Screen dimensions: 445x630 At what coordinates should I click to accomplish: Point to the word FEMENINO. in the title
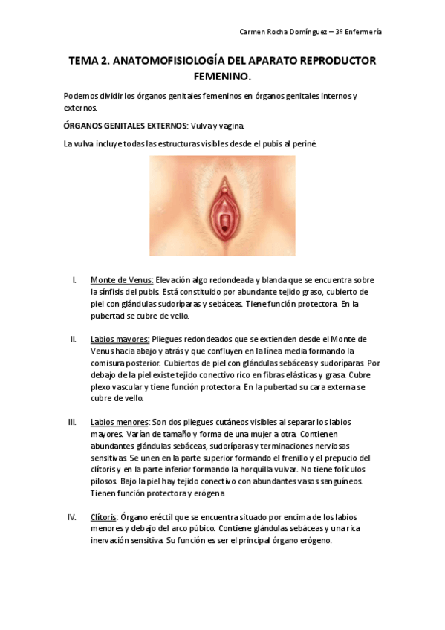coord(222,77)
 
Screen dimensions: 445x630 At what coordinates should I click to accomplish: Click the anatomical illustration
coord(222,206)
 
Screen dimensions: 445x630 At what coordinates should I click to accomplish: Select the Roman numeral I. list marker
coord(74,280)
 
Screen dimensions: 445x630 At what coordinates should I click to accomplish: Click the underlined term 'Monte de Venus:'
coord(122,280)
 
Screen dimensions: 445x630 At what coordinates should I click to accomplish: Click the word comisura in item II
coord(109,363)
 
